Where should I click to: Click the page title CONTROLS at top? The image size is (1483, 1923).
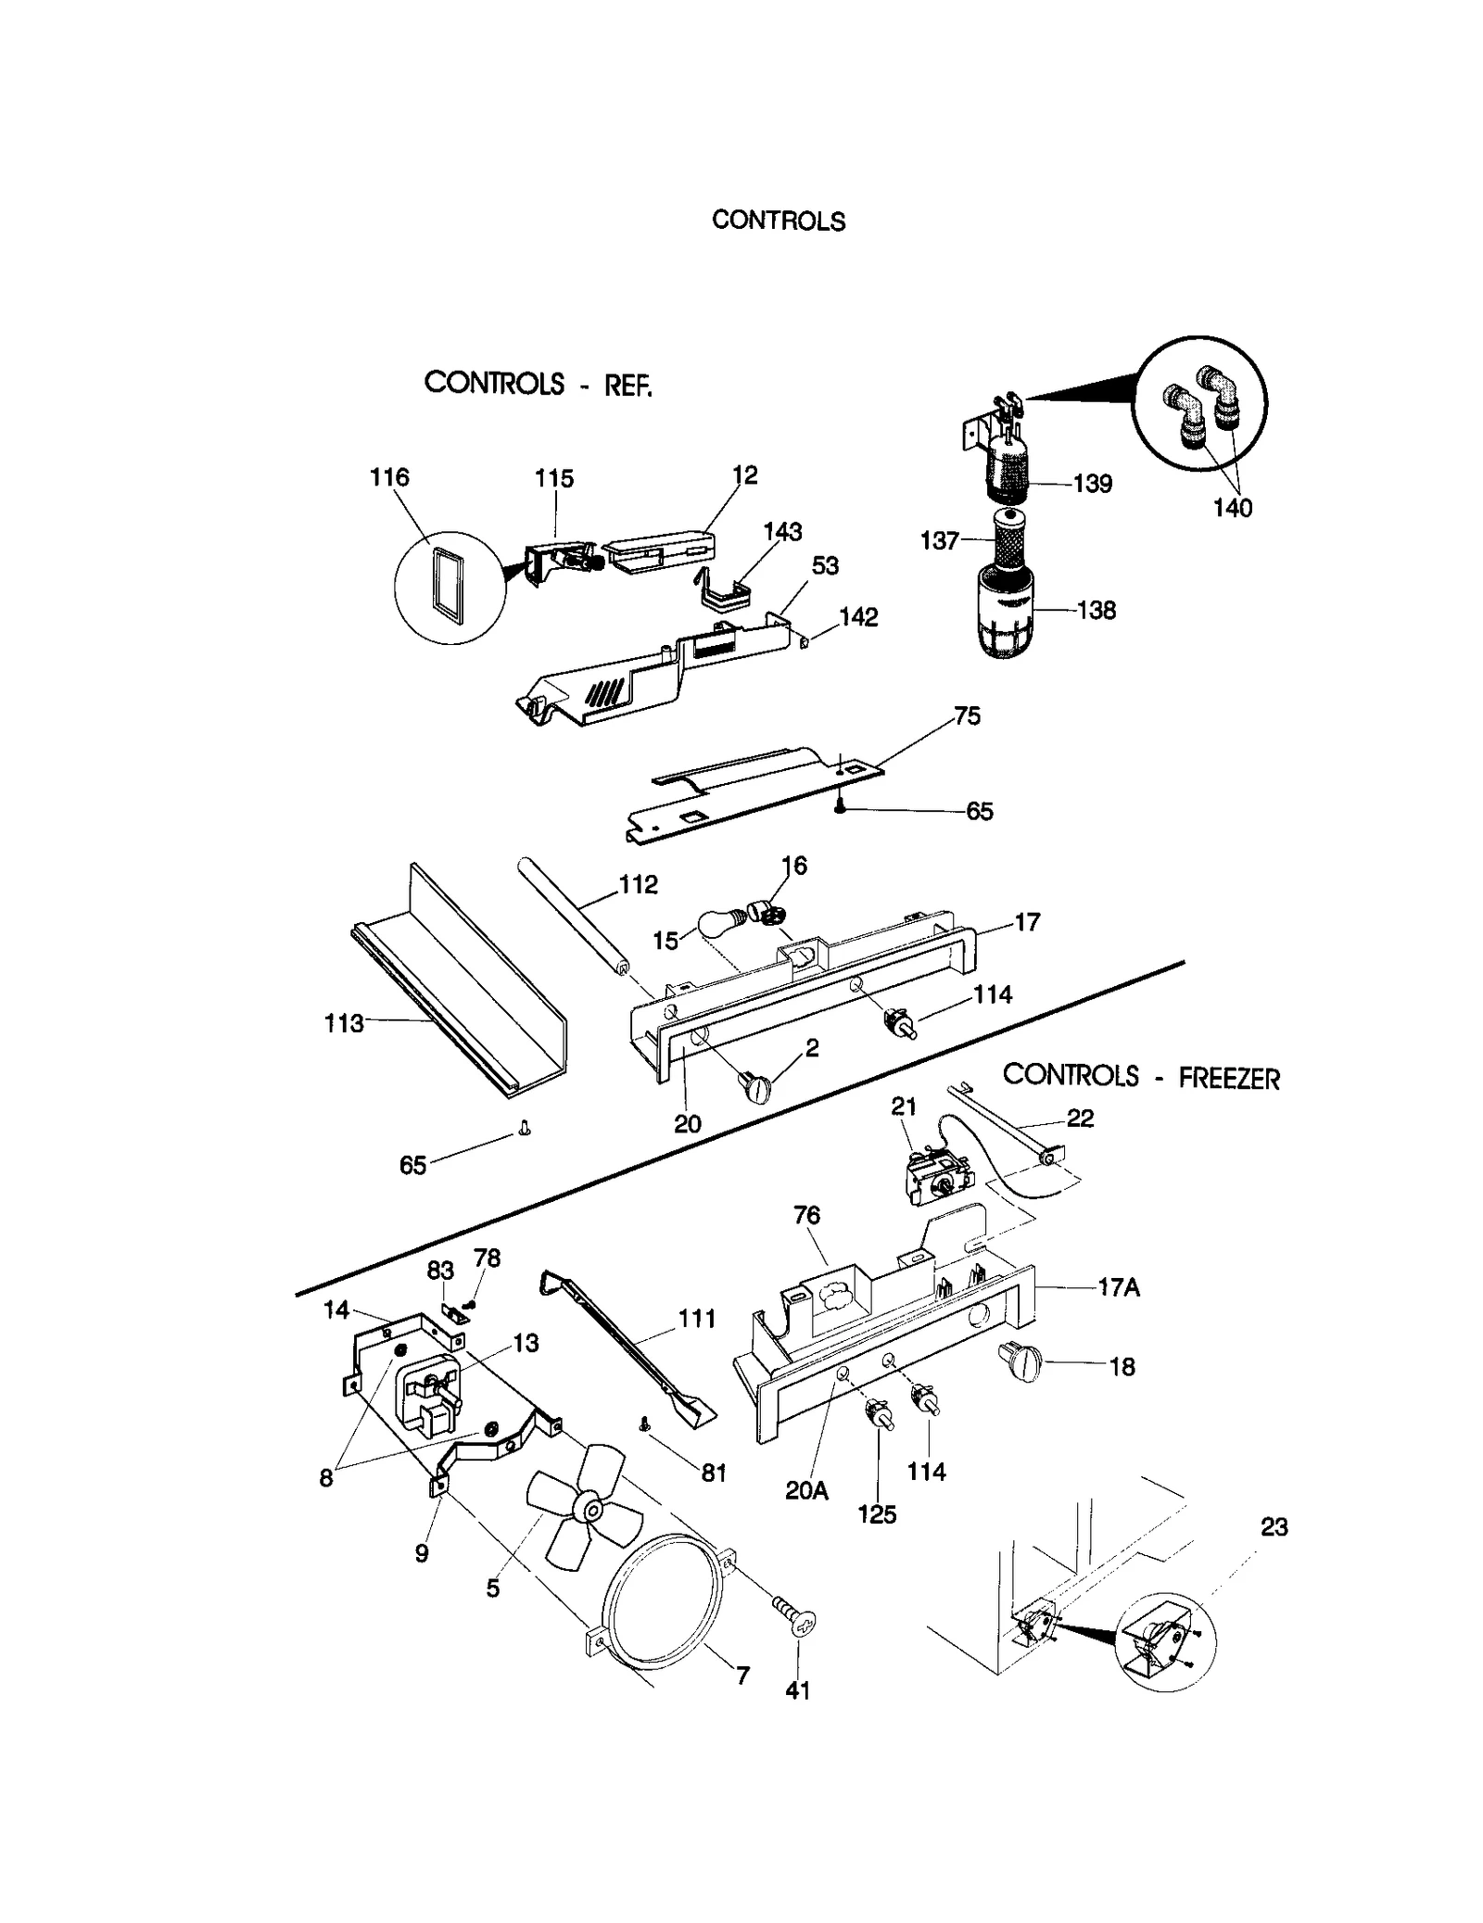[x=778, y=221]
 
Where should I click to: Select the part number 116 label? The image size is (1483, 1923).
[x=389, y=477]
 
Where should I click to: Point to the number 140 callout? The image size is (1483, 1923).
[x=1232, y=508]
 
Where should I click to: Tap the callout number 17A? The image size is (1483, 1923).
[x=1118, y=1287]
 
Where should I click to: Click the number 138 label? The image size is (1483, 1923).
[x=1096, y=611]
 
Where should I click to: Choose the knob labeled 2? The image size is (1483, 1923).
[x=755, y=1086]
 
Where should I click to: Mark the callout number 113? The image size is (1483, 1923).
[x=344, y=1023]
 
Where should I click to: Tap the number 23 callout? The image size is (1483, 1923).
[x=1274, y=1526]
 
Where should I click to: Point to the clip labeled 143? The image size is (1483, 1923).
[x=722, y=593]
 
